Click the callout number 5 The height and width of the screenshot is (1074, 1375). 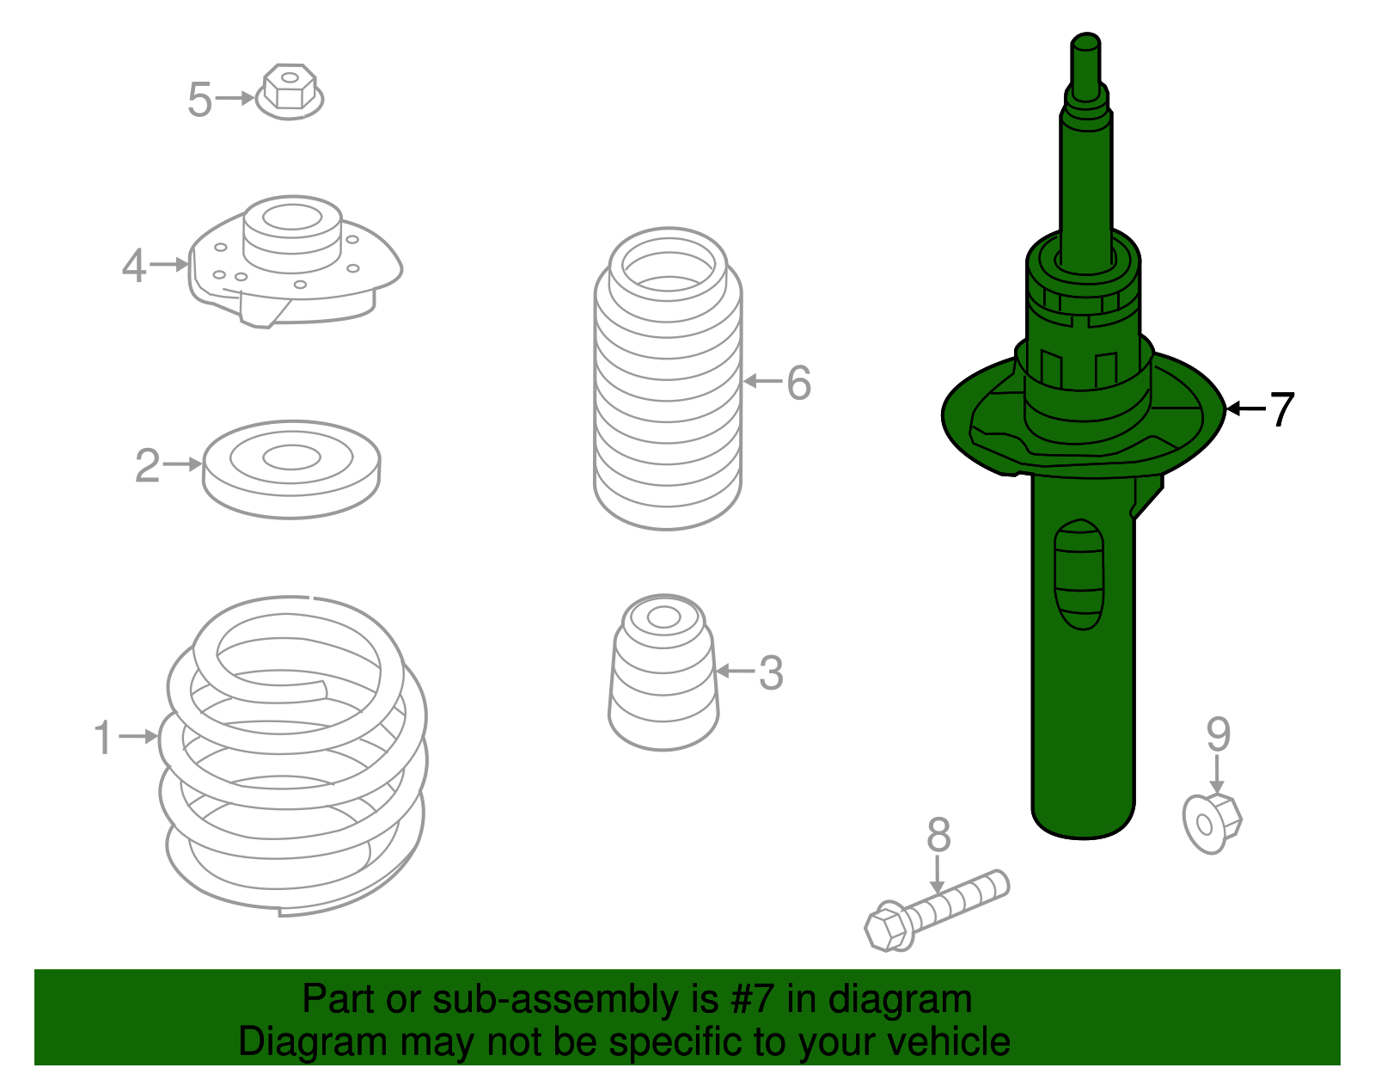[199, 101]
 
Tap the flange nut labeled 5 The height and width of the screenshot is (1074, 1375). [290, 91]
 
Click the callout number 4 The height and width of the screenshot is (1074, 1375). [134, 266]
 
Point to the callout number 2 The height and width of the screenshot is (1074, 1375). [147, 466]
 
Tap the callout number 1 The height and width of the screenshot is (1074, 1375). [103, 738]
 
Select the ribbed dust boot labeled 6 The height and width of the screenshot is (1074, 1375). [667, 378]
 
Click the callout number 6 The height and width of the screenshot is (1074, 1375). [798, 383]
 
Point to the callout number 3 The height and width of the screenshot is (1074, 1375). [771, 673]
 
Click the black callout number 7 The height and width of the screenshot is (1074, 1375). [1281, 410]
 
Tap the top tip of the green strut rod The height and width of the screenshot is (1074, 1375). [1085, 41]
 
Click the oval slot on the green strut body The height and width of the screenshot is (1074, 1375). [1079, 574]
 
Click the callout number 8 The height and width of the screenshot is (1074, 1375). [938, 835]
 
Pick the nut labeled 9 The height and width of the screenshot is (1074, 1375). [1212, 823]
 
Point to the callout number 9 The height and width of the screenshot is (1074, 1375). [1218, 735]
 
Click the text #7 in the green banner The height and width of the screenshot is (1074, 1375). [753, 1000]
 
